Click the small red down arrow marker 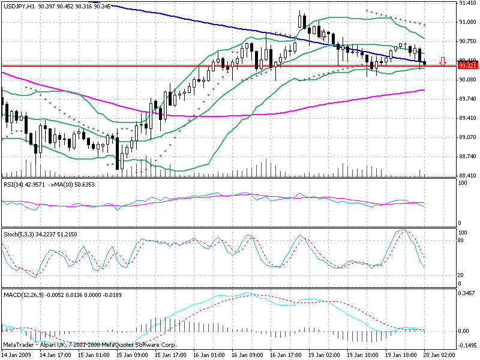pos(443,61)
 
